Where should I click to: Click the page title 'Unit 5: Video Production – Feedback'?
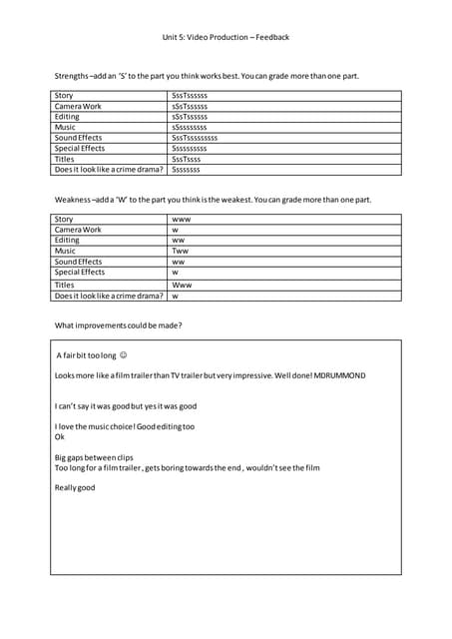click(x=226, y=37)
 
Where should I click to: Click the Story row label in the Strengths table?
click(x=64, y=96)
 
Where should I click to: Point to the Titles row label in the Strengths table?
click(x=65, y=159)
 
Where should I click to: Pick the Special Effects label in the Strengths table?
click(x=79, y=148)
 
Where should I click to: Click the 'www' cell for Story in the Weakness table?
click(x=182, y=219)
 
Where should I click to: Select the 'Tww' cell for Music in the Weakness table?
click(x=181, y=251)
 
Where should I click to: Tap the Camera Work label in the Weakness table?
click(x=78, y=230)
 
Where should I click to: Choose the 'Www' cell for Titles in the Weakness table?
click(x=182, y=285)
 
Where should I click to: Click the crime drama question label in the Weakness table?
click(x=108, y=296)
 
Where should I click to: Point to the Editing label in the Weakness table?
click(x=67, y=240)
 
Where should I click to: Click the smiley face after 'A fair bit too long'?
click(x=123, y=355)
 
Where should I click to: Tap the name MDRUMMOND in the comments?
click(x=339, y=375)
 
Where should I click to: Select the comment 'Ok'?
click(x=59, y=436)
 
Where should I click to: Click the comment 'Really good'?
click(x=75, y=487)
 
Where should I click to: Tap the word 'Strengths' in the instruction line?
click(x=71, y=76)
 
